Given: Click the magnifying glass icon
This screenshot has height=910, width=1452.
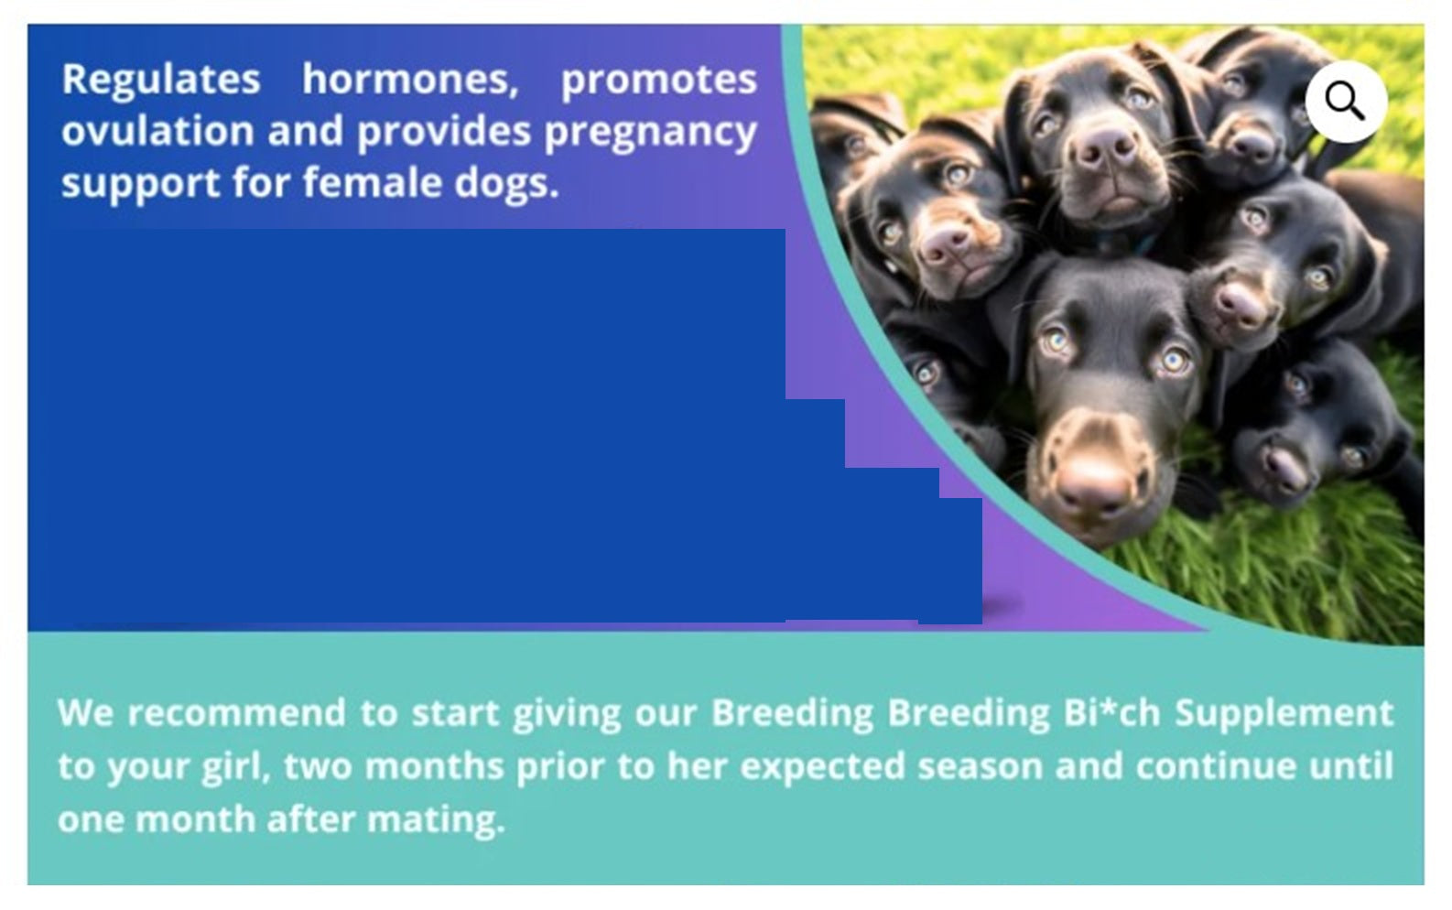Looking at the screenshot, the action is [x=1346, y=102].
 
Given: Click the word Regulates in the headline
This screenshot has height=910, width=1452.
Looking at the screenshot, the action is [x=161, y=79].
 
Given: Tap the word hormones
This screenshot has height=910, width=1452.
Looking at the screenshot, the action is [x=410, y=79].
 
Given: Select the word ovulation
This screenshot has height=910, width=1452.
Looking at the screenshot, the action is [x=157, y=131].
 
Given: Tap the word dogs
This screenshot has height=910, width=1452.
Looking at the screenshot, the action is [x=506, y=184].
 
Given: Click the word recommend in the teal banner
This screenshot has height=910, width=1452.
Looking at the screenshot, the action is [x=236, y=713].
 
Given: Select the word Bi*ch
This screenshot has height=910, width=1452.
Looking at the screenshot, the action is [x=1111, y=713].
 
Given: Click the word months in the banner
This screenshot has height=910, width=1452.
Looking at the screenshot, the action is [x=434, y=766].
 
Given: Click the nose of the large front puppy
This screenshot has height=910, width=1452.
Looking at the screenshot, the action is [x=1096, y=486].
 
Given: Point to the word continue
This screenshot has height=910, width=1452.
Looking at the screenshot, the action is [x=1214, y=766].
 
